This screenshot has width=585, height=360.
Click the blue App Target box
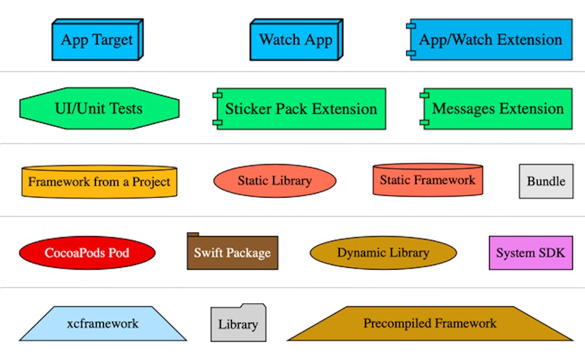click(97, 39)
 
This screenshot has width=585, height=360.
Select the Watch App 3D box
click(296, 39)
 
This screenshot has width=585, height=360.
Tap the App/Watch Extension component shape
click(490, 39)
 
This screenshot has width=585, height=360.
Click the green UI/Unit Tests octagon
click(99, 109)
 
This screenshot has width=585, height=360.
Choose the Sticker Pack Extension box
click(299, 109)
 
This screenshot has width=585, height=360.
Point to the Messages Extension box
click(496, 109)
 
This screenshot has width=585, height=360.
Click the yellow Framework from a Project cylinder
click(99, 182)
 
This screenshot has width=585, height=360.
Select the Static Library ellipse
click(275, 181)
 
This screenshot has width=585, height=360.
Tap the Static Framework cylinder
click(428, 180)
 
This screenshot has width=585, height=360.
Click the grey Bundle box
click(546, 181)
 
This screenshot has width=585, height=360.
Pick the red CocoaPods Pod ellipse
click(87, 253)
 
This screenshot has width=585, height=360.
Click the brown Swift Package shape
click(233, 251)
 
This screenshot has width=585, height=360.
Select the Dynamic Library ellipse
click(383, 253)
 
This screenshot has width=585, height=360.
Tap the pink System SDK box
click(531, 253)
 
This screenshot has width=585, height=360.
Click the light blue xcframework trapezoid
click(103, 323)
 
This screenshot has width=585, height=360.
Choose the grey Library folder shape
click(238, 323)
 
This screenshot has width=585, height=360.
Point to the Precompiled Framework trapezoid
click(430, 323)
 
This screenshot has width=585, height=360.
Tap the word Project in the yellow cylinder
click(151, 182)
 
